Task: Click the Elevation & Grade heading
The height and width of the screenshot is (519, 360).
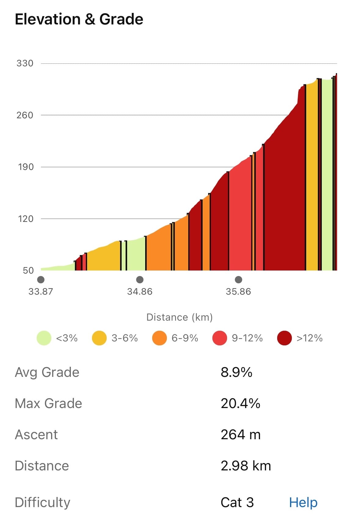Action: [x=79, y=19]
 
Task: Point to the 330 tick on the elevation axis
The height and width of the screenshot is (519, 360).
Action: [x=25, y=63]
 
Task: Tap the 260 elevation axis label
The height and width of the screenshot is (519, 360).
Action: [x=25, y=115]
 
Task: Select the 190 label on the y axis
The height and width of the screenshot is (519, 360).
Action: [x=26, y=167]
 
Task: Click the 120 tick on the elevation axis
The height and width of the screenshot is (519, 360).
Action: [x=26, y=219]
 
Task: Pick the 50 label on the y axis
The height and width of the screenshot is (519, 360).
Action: [x=28, y=271]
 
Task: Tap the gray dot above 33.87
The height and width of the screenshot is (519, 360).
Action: [x=41, y=280]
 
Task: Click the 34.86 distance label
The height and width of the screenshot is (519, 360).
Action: [x=140, y=292]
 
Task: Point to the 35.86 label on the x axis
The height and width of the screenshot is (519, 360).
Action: [x=238, y=292]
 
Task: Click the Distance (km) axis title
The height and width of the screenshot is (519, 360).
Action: [x=179, y=317]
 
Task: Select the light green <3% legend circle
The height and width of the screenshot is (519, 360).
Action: [x=44, y=338]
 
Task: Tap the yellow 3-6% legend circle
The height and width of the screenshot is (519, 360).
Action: [x=99, y=338]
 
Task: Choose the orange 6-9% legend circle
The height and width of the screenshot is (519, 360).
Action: [x=160, y=338]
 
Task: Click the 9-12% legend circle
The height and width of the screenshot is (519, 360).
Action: [x=220, y=338]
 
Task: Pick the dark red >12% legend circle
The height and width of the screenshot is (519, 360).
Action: [x=284, y=338]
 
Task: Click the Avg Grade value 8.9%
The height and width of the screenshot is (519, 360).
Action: [x=236, y=372]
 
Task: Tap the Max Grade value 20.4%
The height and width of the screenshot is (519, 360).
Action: [x=241, y=403]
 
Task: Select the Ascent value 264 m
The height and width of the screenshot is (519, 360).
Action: [x=241, y=434]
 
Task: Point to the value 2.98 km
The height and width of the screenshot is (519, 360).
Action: [x=246, y=466]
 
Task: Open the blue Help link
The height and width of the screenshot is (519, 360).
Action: [x=303, y=502]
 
